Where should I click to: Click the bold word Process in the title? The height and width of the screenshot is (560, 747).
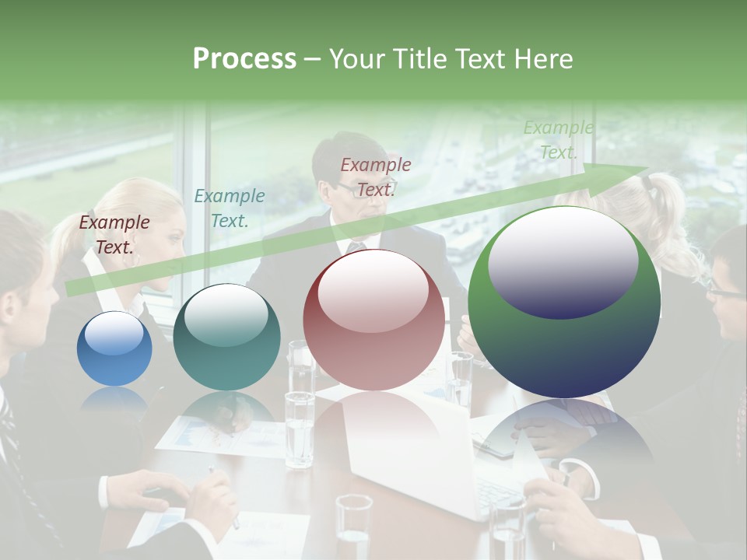[x=244, y=59]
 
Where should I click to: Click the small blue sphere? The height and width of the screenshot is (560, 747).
[x=114, y=348]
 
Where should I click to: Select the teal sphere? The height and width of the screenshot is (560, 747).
[x=226, y=337]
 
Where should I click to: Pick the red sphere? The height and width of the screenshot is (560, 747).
[x=373, y=320]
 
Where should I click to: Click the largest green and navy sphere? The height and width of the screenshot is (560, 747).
[x=564, y=302]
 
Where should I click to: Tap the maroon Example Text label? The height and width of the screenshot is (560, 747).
[x=114, y=235]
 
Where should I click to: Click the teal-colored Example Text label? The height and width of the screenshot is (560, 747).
[x=229, y=208]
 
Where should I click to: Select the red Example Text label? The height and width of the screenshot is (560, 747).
[x=376, y=177]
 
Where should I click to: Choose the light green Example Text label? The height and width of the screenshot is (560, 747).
[x=558, y=140]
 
